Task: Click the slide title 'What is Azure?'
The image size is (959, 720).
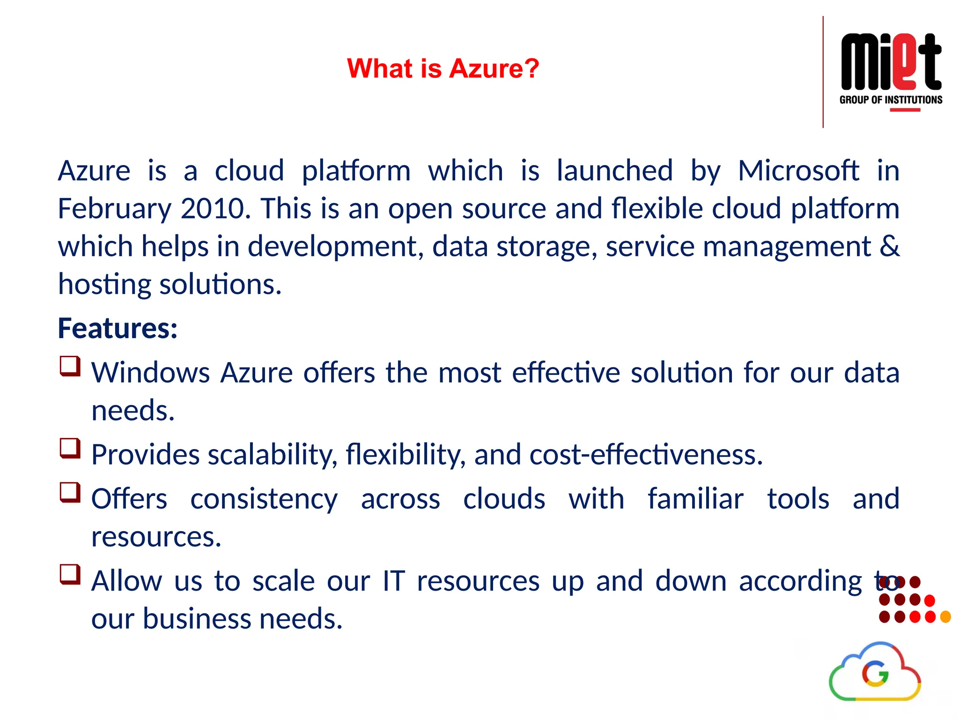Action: [443, 68]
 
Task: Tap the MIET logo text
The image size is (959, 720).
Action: [891, 61]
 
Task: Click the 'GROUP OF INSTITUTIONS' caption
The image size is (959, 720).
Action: [891, 100]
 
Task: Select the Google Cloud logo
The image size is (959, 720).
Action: [875, 672]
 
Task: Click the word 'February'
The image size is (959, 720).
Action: [114, 209]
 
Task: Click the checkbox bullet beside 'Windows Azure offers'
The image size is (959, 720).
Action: [70, 366]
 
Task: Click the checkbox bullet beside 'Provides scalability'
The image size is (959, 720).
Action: [70, 448]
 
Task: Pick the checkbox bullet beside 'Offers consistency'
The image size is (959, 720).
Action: [70, 492]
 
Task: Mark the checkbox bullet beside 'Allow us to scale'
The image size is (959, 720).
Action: [70, 574]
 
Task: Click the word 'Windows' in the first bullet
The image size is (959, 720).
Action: [150, 373]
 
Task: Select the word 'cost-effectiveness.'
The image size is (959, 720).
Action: [646, 454]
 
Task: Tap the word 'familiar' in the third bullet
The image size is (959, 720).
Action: [695, 498]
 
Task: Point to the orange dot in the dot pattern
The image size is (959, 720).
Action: [945, 617]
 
